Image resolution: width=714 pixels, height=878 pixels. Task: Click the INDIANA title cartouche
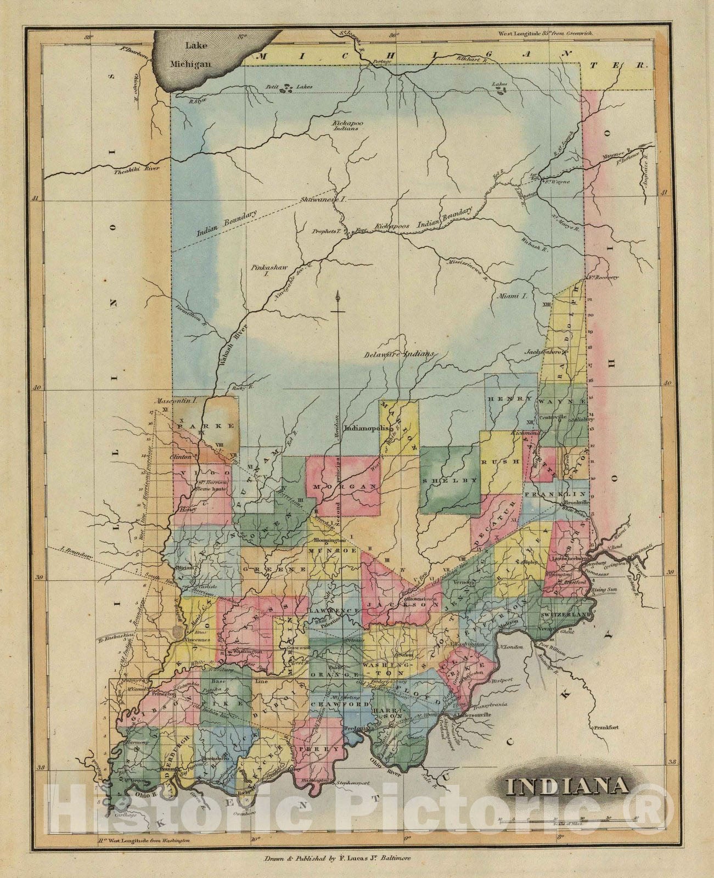coord(568,786)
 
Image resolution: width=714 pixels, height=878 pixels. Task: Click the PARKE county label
coord(205,425)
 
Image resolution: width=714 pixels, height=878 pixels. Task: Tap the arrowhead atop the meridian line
coord(339,296)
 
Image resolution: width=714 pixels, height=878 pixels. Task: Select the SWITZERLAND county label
coord(565,615)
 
